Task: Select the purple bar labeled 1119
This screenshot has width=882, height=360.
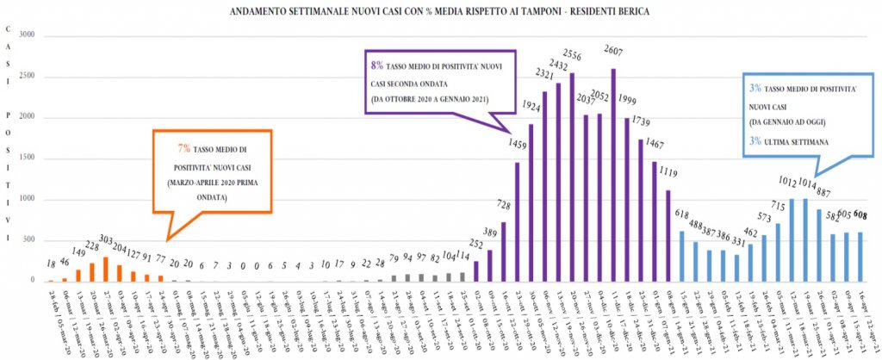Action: tap(668, 236)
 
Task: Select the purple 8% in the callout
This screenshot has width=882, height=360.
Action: tap(375, 65)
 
